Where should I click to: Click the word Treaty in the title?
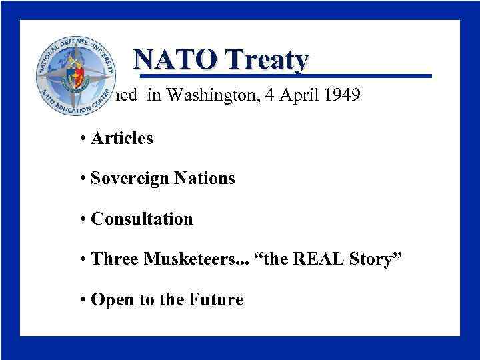(268, 61)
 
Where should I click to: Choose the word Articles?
(122, 139)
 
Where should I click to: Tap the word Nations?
(206, 179)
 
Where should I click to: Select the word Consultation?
(142, 219)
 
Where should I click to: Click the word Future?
(215, 300)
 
